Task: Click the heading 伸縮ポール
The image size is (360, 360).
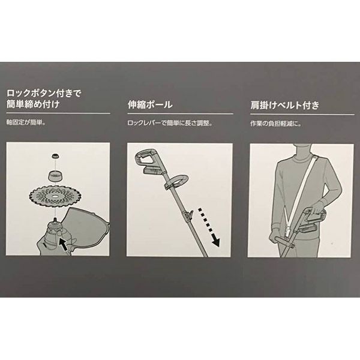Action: [150, 104]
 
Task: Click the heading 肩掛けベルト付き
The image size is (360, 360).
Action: [284, 105]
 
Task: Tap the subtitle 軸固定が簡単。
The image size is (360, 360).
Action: [26, 122]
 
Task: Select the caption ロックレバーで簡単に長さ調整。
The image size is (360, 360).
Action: [170, 123]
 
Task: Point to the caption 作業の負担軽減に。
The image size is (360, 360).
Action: [275, 124]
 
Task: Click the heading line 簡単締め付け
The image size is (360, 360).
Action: [33, 104]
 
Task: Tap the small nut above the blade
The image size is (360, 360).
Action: [55, 157]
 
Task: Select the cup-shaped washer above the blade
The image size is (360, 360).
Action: [55, 176]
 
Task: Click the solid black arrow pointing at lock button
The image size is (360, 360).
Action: [64, 245]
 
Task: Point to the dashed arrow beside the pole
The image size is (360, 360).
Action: [208, 227]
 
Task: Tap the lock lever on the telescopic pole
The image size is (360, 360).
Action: [190, 215]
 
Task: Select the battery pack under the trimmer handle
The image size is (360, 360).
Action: [152, 170]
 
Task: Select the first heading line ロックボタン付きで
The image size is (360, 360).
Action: [44, 94]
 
